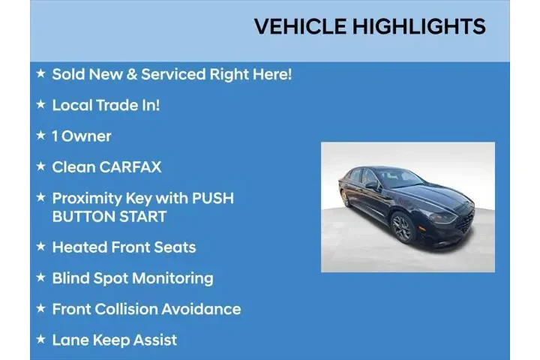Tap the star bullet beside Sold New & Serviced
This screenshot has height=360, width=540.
coord(40,73)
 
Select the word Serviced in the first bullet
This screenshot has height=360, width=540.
coord(175,74)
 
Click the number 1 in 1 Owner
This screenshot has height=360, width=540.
coord(55,136)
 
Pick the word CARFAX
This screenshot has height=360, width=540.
coord(130,166)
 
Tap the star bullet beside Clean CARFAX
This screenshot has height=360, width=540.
coord(40,166)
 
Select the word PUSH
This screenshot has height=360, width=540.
coord(213,198)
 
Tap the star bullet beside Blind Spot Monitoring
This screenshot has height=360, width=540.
coord(40,277)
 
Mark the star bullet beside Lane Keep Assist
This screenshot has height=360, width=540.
coord(40,339)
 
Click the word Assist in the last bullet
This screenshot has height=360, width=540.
coord(154,340)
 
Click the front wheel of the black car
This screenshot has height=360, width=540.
coord(403,228)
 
